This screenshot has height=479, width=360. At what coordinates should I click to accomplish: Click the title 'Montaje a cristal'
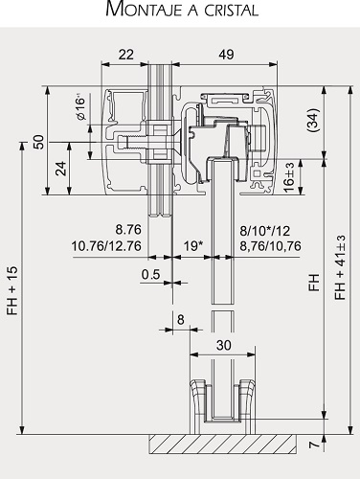pyautogui.click(x=182, y=10)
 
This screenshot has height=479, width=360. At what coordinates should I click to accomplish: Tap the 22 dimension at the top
pyautogui.click(x=126, y=55)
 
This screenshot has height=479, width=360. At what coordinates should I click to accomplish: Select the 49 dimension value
pyautogui.click(x=226, y=55)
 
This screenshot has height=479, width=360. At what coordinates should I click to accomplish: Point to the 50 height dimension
pyautogui.click(x=38, y=142)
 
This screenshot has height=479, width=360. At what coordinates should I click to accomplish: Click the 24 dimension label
pyautogui.click(x=61, y=169)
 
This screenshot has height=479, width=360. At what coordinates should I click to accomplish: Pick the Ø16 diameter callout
pyautogui.click(x=81, y=107)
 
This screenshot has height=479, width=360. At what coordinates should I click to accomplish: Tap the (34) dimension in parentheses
pyautogui.click(x=313, y=121)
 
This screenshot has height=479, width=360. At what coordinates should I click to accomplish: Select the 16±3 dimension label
pyautogui.click(x=289, y=177)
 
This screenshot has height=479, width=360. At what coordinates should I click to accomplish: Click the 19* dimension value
pyautogui.click(x=193, y=246)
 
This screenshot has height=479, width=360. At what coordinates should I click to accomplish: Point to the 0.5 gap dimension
pyautogui.click(x=150, y=274)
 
